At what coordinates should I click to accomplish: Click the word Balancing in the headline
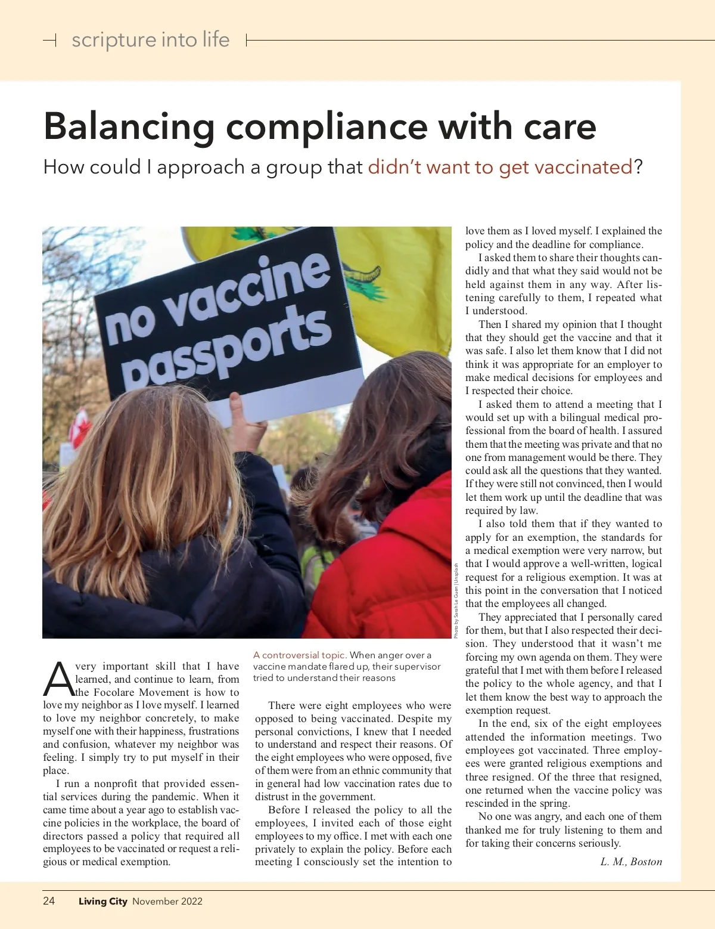tap(129, 127)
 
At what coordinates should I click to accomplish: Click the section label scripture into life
tap(150, 40)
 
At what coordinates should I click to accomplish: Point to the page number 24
tap(49, 900)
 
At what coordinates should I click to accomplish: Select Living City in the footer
tap(102, 901)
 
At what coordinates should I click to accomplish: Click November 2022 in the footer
tap(167, 901)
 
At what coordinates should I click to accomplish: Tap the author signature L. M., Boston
tap(630, 862)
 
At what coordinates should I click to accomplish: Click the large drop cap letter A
tap(58, 680)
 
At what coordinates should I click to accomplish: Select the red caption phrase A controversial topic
tap(300, 655)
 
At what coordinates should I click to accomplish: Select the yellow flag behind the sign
tap(399, 280)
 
